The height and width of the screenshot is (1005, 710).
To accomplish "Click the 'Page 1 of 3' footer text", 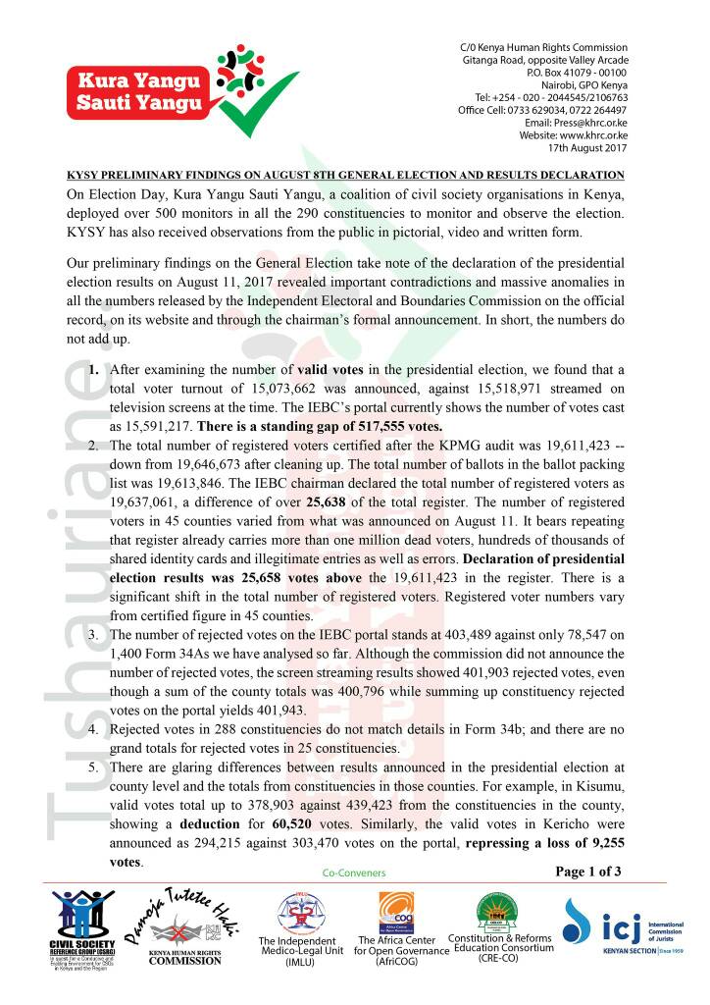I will pyautogui.click(x=588, y=870).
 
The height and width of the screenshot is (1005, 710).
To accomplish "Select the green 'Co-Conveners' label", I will pyautogui.click(x=354, y=872).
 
